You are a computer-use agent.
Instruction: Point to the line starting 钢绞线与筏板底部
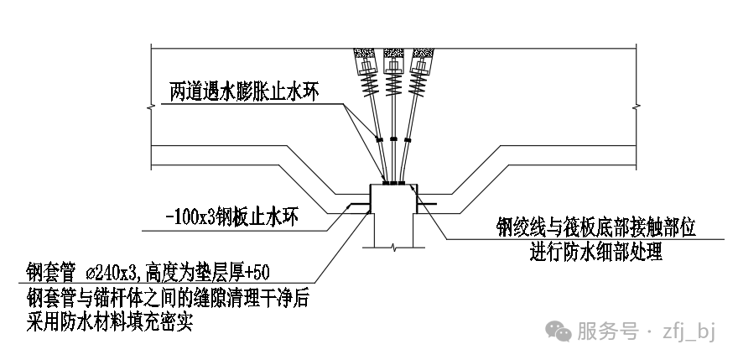pyautogui.click(x=596, y=228)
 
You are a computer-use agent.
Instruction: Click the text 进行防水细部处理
pyautogui.click(x=596, y=251)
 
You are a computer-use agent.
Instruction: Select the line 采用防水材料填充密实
pyautogui.click(x=109, y=321)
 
